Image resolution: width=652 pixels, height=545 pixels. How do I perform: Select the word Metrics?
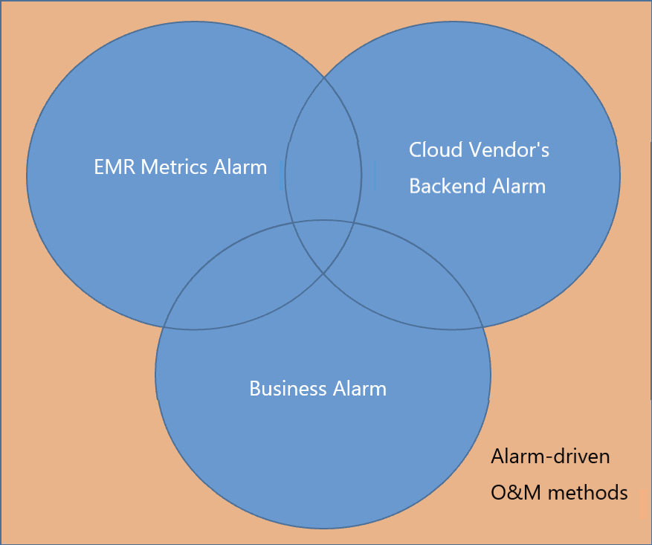click(174, 167)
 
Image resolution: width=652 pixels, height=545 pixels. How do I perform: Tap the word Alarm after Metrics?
click(240, 167)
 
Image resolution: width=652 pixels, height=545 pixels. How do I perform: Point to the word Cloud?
click(436, 149)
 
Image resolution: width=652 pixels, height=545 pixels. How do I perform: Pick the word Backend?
click(448, 186)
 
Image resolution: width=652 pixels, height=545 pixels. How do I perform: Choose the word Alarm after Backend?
click(519, 186)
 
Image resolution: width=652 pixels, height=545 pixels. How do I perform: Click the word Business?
click(288, 389)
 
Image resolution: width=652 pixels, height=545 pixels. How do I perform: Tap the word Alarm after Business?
click(360, 389)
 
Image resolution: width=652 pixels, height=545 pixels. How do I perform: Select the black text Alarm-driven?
click(551, 457)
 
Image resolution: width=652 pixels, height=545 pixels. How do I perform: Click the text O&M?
click(516, 493)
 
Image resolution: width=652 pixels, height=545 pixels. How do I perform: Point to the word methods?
click(588, 493)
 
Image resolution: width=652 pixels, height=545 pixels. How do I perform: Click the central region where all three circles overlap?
click(323, 245)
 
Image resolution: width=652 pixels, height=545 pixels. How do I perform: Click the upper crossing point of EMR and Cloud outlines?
click(324, 77)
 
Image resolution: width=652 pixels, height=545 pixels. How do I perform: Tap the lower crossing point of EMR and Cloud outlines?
click(323, 273)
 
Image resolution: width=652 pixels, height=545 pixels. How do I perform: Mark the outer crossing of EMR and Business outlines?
click(164, 327)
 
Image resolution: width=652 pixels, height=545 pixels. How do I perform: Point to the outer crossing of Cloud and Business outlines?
click(482, 327)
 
